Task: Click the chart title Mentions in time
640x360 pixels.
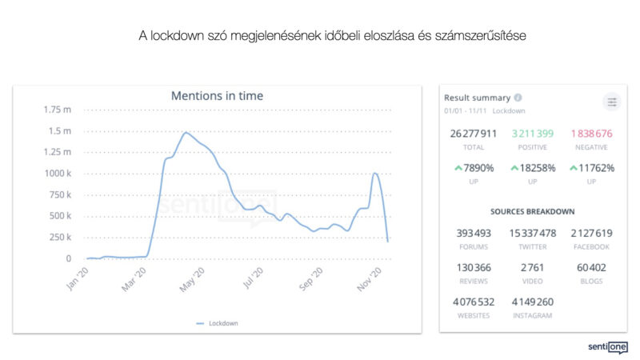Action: point(217,96)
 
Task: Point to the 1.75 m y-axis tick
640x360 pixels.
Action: point(57,110)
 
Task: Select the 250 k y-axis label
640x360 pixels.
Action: point(59,238)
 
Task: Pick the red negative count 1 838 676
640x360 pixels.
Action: point(591,133)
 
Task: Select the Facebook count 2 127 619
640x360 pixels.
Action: point(591,233)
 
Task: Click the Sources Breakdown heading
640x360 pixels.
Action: point(533,211)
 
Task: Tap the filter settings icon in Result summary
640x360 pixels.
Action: point(612,102)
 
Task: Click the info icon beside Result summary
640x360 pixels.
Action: point(518,98)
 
